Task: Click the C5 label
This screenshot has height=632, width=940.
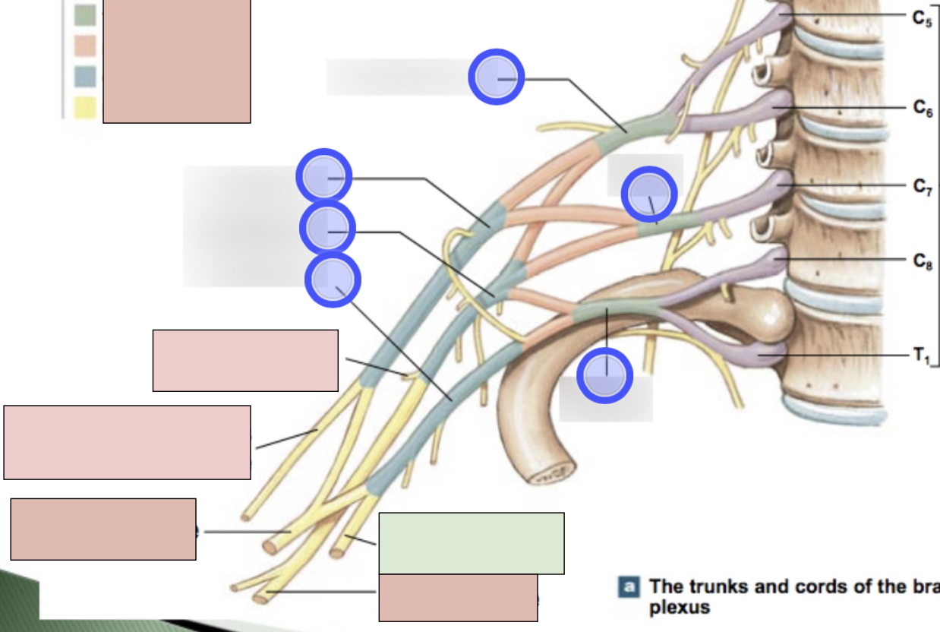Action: coord(923,18)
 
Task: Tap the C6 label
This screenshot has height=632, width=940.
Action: coord(923,109)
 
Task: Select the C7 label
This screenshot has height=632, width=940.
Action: coord(923,188)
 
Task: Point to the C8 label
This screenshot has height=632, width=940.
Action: coord(923,262)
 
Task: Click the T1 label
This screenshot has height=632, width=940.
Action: coord(920,355)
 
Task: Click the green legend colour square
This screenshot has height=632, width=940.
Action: coord(85,15)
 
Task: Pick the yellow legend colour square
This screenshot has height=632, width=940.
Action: coord(85,108)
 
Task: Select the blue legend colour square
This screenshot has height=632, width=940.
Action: coord(85,77)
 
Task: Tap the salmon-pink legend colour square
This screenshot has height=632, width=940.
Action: coord(85,46)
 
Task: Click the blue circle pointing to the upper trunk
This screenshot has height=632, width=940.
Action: coord(496,77)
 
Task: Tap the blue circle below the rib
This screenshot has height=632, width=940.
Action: coord(605,375)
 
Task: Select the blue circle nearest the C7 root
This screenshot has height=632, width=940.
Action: coord(649,194)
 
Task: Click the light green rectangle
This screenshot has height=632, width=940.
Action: coord(471,543)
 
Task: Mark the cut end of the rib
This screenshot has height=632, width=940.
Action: coord(547,476)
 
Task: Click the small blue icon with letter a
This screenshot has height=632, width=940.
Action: coord(629,586)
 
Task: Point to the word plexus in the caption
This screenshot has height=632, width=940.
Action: coord(680,608)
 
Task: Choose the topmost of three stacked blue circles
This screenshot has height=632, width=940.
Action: coord(323,176)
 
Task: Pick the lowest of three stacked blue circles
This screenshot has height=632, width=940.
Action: coord(333,280)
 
